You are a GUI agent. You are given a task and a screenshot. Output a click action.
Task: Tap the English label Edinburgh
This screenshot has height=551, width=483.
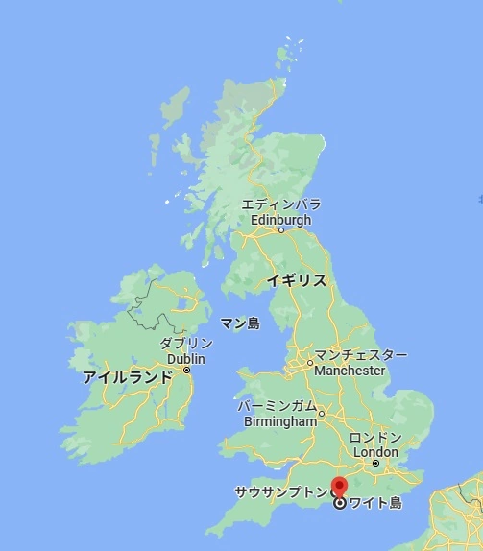tap(280, 219)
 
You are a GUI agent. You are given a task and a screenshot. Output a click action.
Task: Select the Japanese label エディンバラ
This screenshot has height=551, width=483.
tap(280, 204)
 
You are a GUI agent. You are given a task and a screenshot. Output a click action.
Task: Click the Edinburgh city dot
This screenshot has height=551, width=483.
tap(281, 230)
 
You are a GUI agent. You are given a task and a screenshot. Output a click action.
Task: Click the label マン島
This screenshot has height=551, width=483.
tap(240, 323)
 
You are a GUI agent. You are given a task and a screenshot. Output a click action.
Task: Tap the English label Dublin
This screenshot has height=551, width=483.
tap(186, 359)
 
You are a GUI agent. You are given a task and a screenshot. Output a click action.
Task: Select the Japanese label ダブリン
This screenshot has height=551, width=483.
tap(185, 345)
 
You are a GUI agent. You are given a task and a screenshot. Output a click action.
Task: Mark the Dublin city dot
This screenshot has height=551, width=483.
tap(187, 371)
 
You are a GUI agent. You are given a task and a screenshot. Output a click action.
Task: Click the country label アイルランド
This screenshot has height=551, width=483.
tap(128, 377)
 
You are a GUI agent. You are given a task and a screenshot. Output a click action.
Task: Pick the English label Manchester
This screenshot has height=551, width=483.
tap(350, 371)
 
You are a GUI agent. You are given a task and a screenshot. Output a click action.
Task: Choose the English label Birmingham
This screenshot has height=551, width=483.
tap(280, 421)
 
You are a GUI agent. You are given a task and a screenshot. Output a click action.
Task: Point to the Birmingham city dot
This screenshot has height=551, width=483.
tap(322, 415)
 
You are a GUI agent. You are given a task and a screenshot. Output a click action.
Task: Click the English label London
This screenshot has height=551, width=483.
tap(375, 452)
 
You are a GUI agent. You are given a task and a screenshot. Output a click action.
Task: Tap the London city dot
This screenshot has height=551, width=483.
tap(375, 464)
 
